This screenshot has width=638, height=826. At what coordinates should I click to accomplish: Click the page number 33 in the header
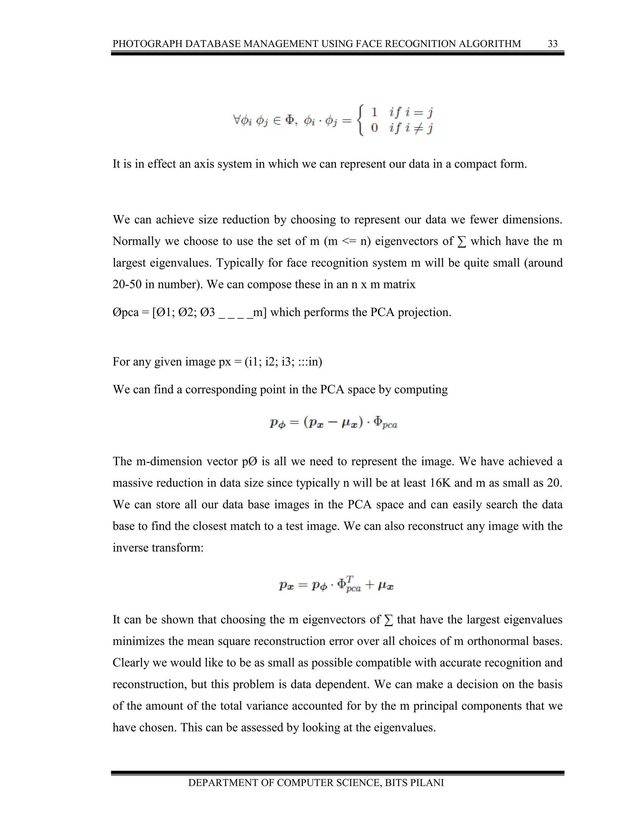[552, 44]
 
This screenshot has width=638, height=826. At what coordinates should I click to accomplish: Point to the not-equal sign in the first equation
[418, 128]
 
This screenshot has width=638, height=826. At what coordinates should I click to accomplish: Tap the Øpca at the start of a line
[126, 312]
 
